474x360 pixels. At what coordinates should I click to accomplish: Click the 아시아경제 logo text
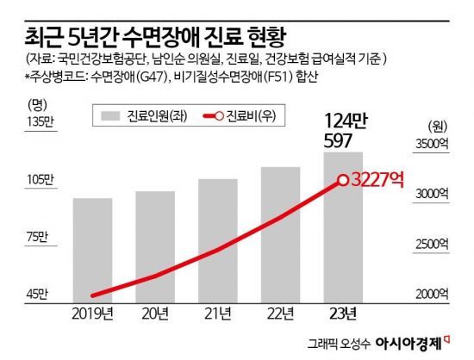click(x=411, y=342)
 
